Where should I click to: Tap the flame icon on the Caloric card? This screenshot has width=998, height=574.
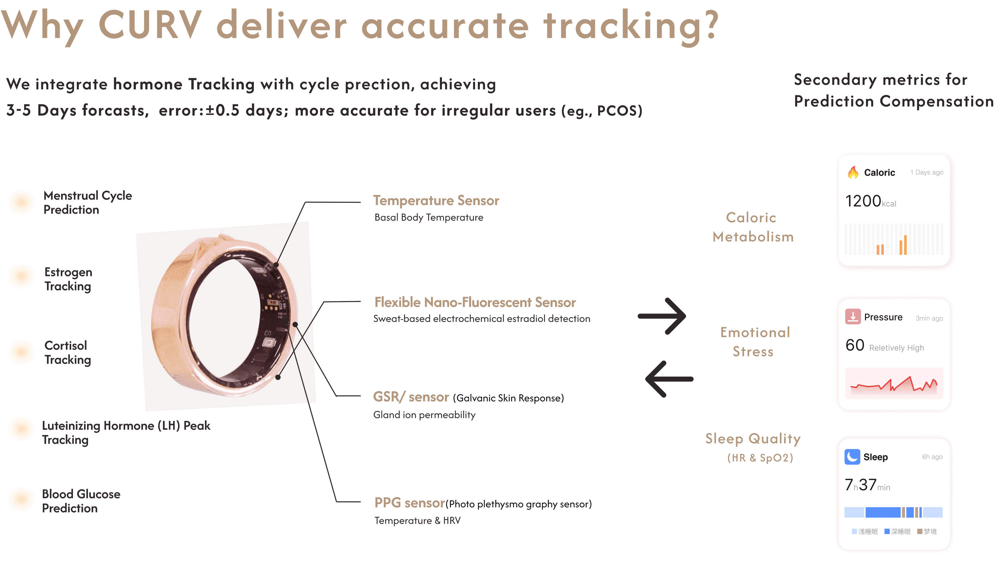pos(853,172)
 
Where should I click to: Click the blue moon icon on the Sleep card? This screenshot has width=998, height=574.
pos(852,457)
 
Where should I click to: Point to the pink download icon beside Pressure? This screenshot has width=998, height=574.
pos(853,317)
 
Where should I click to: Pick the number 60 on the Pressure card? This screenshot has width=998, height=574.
pos(855,345)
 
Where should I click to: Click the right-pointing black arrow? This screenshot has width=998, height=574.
pos(663,316)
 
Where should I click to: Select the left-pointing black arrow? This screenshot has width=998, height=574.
pos(669,379)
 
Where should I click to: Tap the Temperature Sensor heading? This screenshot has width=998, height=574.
pos(436,201)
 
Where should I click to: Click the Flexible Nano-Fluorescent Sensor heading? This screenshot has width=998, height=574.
pos(475,302)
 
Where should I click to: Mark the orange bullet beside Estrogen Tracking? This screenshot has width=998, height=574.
pos(21,276)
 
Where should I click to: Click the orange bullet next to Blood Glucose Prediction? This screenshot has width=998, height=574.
pos(21,499)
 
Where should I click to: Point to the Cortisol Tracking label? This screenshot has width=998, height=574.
pos(67,352)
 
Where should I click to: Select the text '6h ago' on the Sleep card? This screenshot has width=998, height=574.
pos(932,457)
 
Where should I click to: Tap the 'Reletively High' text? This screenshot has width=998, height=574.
pos(896,348)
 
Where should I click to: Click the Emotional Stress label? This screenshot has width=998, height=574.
pos(755,342)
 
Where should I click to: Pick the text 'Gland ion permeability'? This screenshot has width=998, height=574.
pos(424,415)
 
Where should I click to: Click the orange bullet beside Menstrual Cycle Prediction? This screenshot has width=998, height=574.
pos(21,202)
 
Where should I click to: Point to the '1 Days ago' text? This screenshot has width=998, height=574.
pos(926,172)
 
